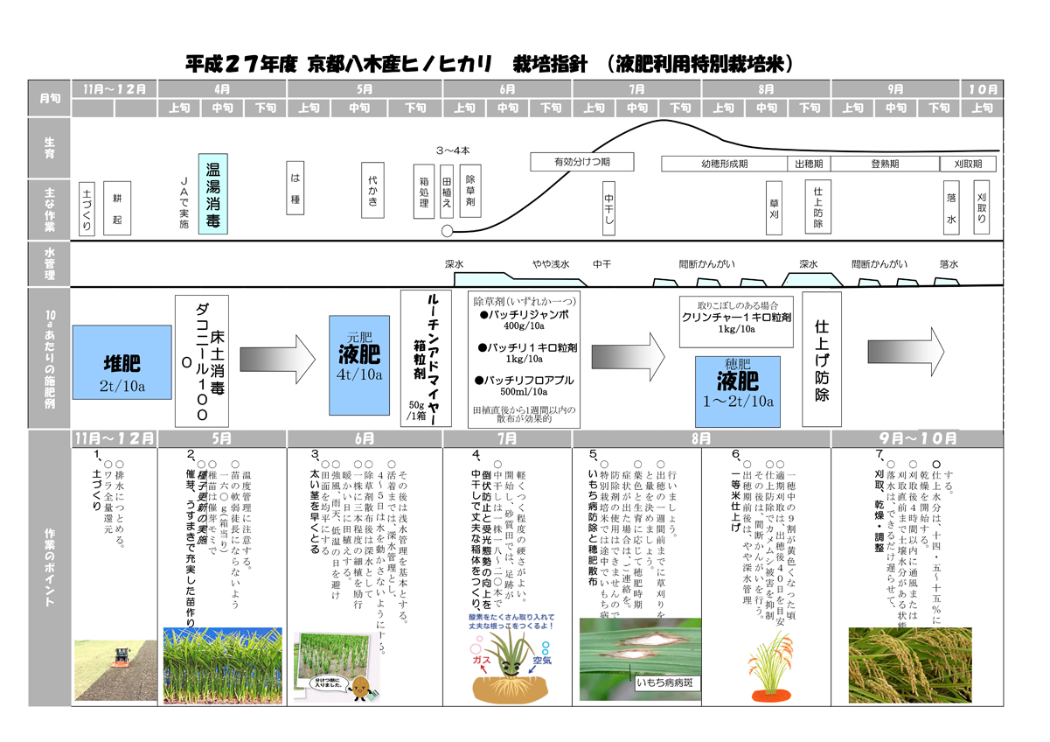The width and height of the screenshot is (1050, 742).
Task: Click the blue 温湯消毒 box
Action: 212,196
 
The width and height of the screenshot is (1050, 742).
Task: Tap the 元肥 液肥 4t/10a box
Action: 359,366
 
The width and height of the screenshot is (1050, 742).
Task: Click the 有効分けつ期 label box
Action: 581,163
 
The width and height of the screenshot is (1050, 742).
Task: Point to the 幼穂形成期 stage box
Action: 724,164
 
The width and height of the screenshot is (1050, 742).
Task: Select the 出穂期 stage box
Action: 809,164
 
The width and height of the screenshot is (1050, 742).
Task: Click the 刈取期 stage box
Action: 967,164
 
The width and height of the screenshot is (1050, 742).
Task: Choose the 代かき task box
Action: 373,194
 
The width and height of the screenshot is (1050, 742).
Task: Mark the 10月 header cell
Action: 982,89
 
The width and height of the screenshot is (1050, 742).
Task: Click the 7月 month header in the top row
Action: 636,89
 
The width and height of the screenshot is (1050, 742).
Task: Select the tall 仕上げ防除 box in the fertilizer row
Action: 821,360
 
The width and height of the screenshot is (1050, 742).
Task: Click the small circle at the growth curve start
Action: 449,231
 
